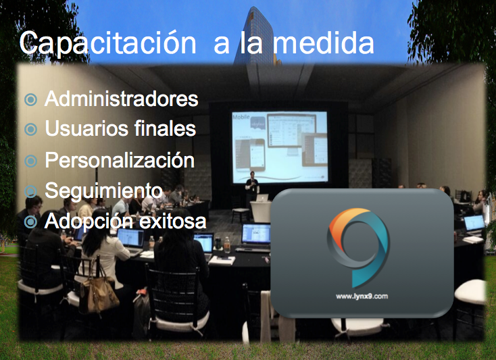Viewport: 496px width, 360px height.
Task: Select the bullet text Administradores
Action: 122,99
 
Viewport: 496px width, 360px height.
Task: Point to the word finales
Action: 166,128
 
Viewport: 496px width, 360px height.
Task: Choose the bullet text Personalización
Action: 120,161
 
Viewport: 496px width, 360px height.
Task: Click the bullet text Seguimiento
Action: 103,190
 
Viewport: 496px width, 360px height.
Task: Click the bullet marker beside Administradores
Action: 30,100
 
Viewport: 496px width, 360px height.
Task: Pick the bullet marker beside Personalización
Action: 30,161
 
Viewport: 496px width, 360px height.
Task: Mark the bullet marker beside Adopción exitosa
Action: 30,222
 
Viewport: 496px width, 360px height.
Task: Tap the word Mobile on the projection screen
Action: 241,118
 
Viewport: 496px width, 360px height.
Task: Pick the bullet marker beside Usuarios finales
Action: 30,128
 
